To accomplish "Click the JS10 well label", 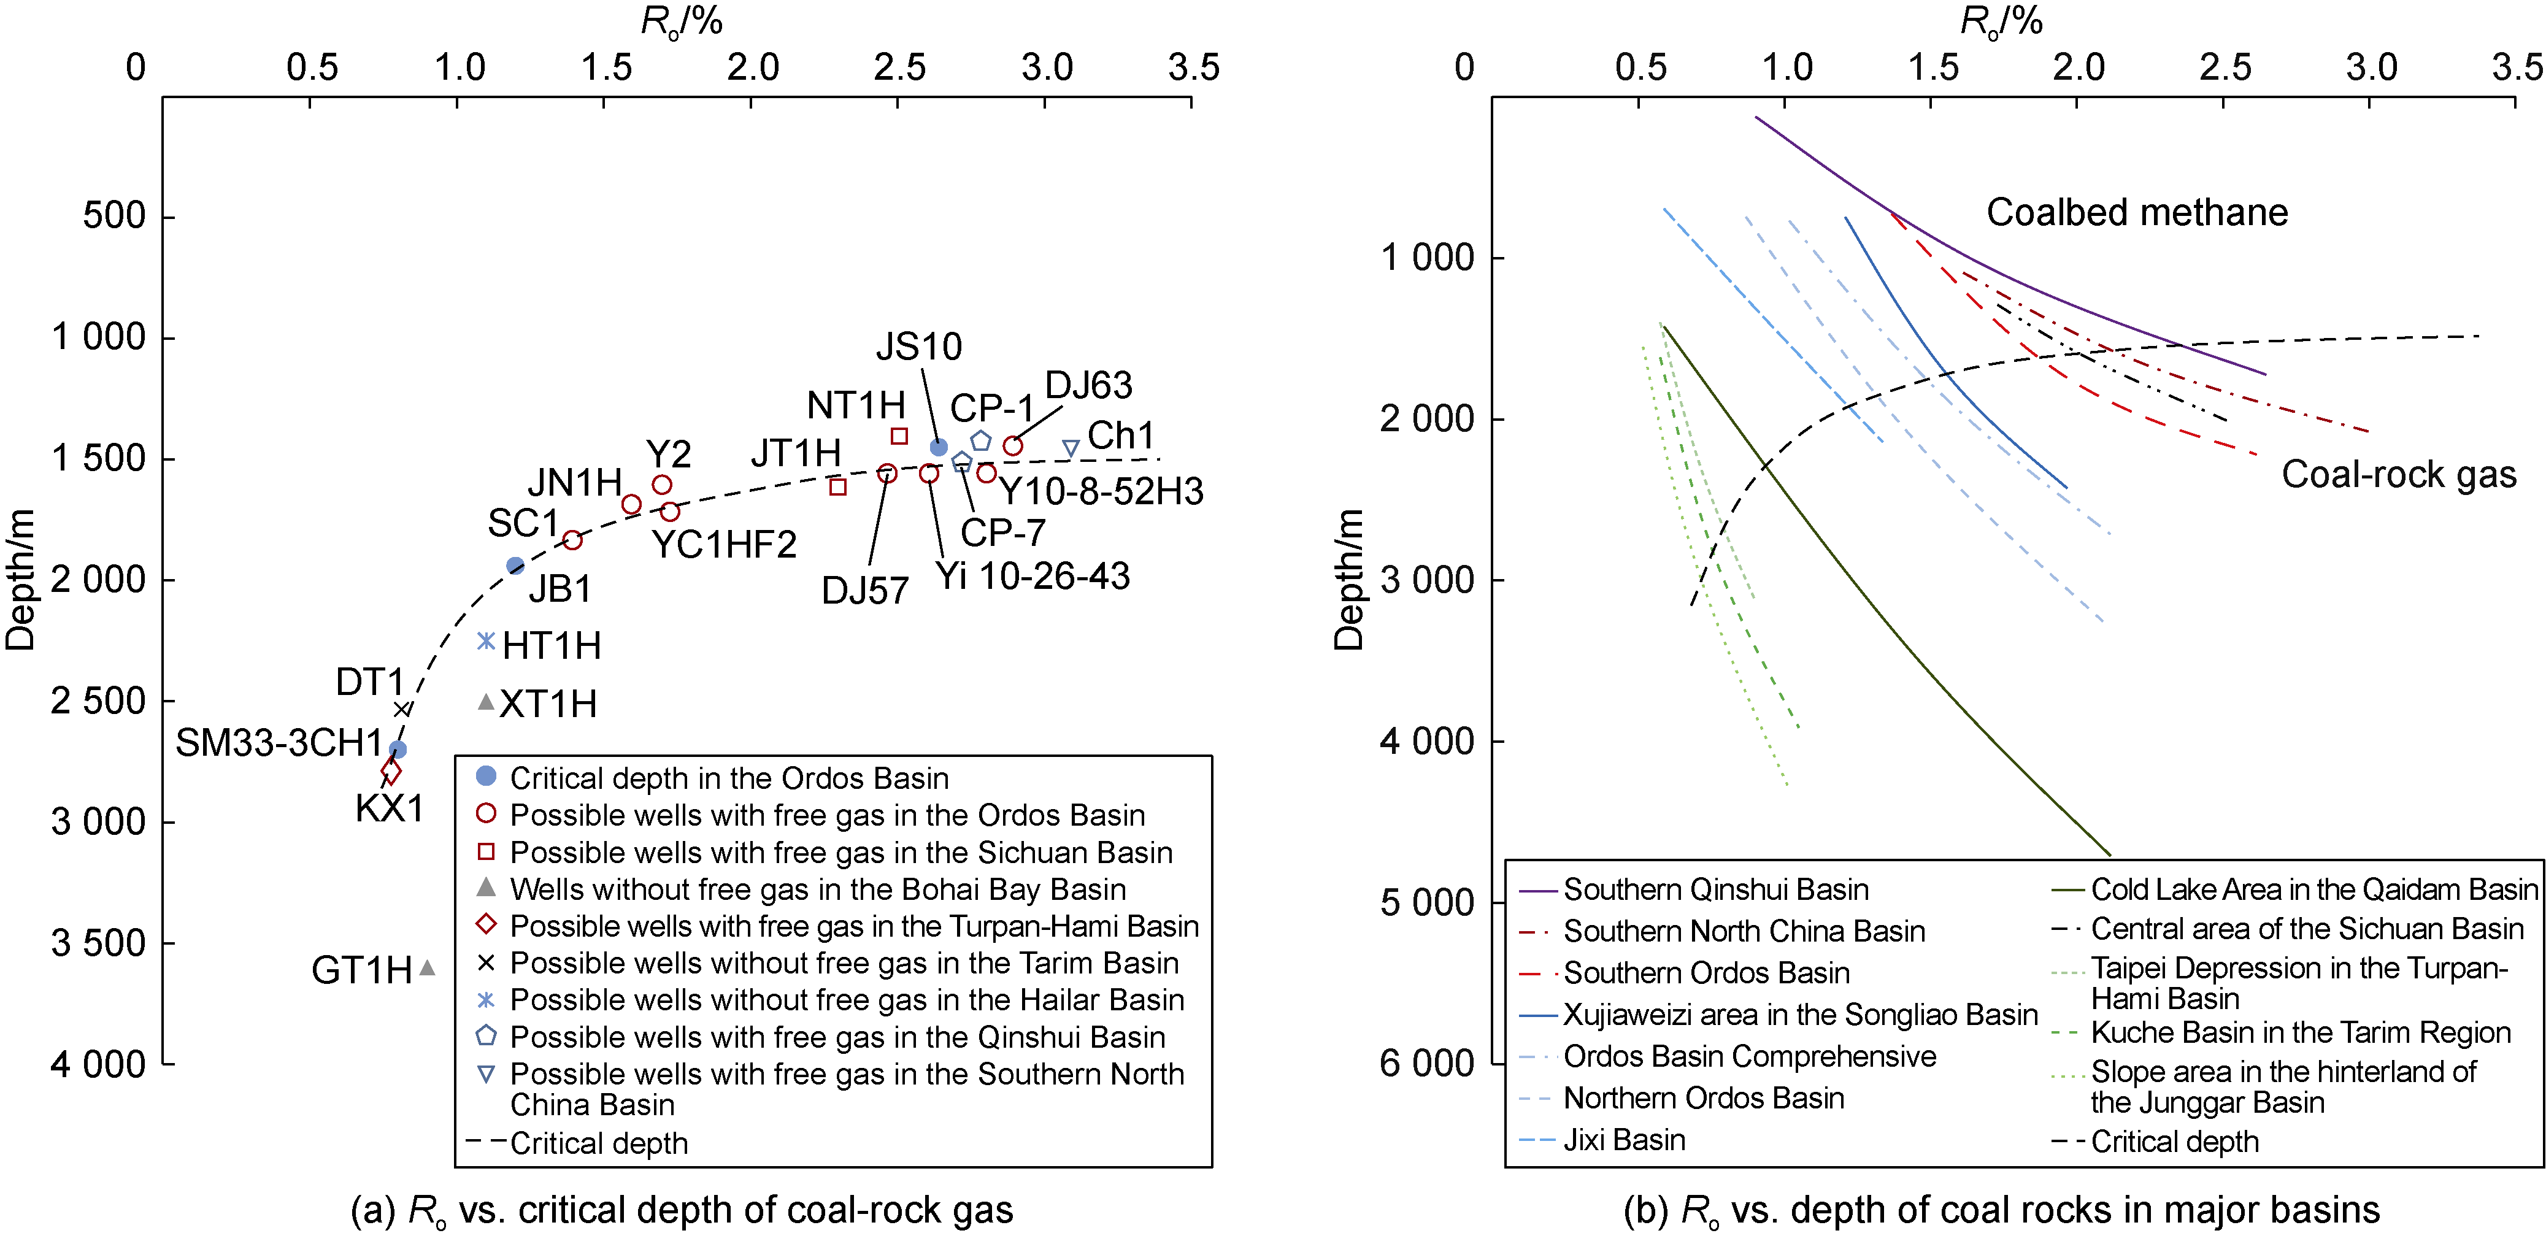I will point(918,347).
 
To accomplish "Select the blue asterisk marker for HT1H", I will point(485,641).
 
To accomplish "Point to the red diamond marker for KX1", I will point(391,770).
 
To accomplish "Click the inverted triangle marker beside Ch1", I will point(1071,448).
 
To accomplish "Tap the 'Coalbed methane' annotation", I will point(2137,212).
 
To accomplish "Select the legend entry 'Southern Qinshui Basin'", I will point(1715,889).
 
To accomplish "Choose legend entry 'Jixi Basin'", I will point(1624,1140).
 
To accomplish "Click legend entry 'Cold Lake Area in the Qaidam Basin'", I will point(2313,889).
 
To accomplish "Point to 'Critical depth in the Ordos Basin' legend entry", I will point(728,778).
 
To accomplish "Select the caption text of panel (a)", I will point(682,1210).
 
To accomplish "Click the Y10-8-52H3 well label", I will point(1102,492).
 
